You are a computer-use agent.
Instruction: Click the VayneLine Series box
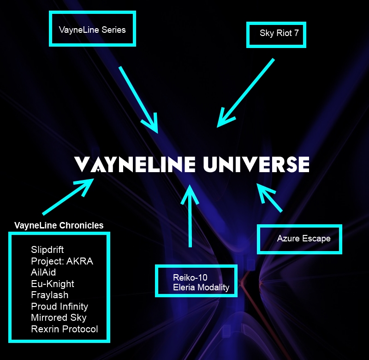coord(92,29)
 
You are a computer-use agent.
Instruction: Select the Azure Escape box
coord(304,239)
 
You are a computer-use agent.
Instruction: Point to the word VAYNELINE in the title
coord(129,164)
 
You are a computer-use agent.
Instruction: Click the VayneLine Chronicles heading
coord(59,226)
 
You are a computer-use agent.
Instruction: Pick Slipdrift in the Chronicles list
coord(48,250)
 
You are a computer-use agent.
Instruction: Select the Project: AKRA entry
coord(62,261)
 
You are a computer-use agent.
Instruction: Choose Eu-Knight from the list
coord(53,284)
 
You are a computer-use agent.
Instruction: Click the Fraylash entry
coord(50,295)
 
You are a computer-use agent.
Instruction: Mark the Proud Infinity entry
coord(60,306)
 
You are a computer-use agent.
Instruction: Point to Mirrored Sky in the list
coord(59,318)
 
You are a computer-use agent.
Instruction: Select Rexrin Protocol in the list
coord(65,329)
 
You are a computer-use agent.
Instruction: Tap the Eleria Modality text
coord(201,287)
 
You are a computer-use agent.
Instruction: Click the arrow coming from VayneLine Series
coord(138,99)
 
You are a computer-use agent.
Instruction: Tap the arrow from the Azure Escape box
coord(270,198)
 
